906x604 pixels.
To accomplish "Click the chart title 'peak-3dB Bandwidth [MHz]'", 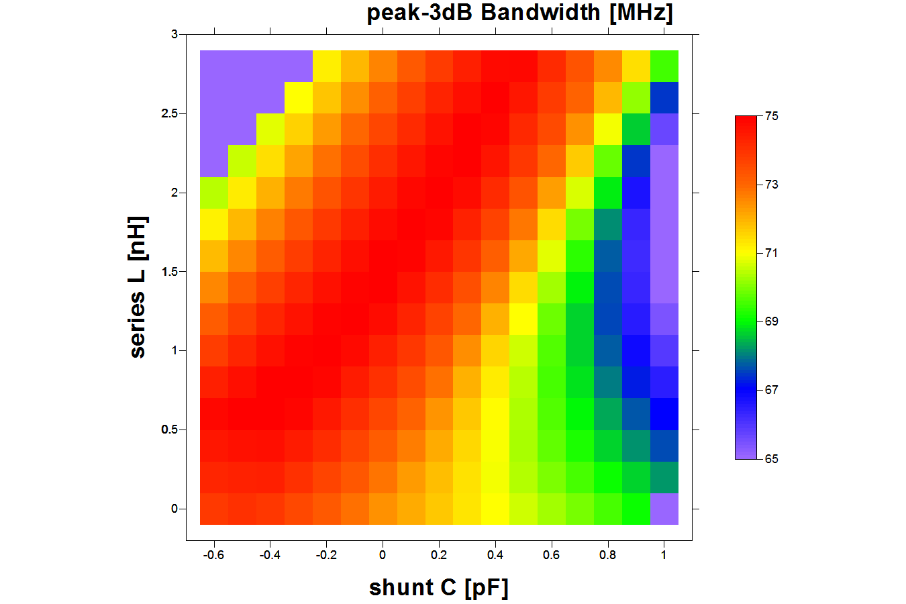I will coord(519,13).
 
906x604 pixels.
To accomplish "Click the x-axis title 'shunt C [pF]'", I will coord(439,587).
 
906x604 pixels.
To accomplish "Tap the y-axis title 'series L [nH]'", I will coord(138,287).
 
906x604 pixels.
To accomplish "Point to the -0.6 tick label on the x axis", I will coord(213,555).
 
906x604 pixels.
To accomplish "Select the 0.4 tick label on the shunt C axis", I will coord(495,555).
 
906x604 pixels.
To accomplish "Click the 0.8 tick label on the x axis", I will coord(608,555).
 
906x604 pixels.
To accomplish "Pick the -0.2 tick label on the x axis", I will coord(326,555).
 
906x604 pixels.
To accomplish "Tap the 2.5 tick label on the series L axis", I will coord(169,113).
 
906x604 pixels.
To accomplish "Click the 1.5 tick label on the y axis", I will coord(169,272).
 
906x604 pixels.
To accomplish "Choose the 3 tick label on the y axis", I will coord(174,34).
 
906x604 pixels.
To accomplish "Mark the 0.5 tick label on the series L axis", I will coord(169,430).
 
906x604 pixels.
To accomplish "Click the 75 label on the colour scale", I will coord(772,116).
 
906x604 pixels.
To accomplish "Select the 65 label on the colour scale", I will coord(772,459).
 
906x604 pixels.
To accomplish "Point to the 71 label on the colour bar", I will coord(772,253).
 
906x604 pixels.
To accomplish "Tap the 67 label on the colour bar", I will coord(772,390).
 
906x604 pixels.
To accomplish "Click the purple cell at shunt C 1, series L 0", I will coord(664,509).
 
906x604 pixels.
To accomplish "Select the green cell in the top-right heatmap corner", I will coord(664,66).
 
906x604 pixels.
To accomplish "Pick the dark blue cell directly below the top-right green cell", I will coord(664,97).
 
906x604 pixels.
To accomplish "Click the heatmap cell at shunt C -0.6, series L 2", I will coord(214,193).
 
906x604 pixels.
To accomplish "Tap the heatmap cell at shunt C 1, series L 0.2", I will coord(664,477).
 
